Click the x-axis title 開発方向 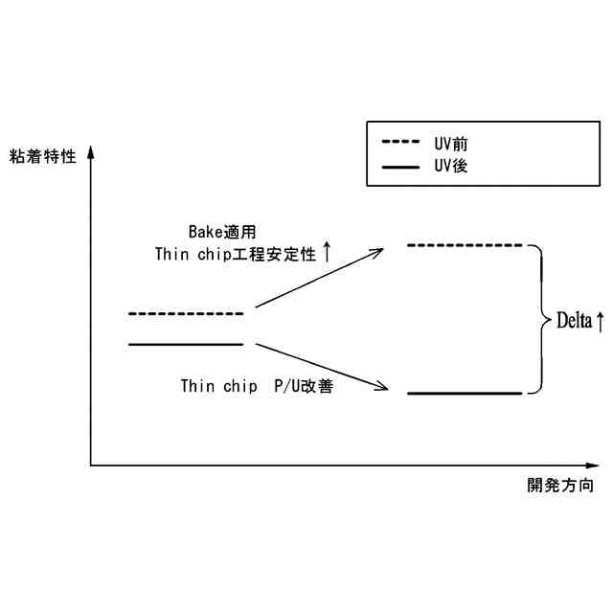(x=560, y=486)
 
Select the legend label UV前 (x=451, y=143)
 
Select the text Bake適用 (x=221, y=232)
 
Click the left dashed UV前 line (x=186, y=313)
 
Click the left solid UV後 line (x=186, y=343)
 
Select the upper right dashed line (x=465, y=246)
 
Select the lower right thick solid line (x=465, y=393)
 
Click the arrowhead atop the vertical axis (x=90, y=151)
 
